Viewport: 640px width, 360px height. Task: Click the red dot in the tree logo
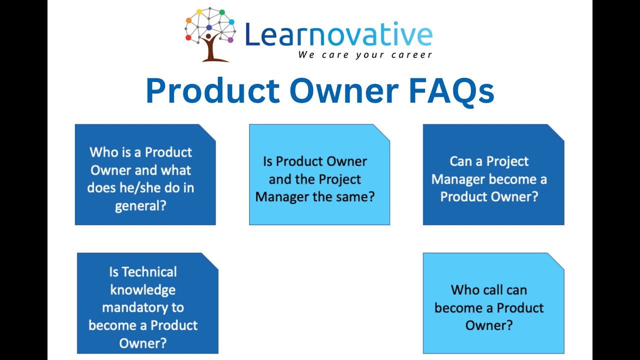[x=188, y=37]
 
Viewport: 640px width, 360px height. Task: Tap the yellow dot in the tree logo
[x=199, y=11]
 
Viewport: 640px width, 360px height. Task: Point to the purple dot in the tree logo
[x=230, y=39]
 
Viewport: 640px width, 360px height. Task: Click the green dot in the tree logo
[x=222, y=12]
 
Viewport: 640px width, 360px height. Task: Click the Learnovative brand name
[x=338, y=35]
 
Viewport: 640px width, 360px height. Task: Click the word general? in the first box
[x=140, y=205]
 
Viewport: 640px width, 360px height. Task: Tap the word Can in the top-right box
[x=460, y=161]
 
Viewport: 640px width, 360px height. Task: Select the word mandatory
[x=143, y=307]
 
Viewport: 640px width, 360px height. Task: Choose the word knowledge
[x=143, y=290]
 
